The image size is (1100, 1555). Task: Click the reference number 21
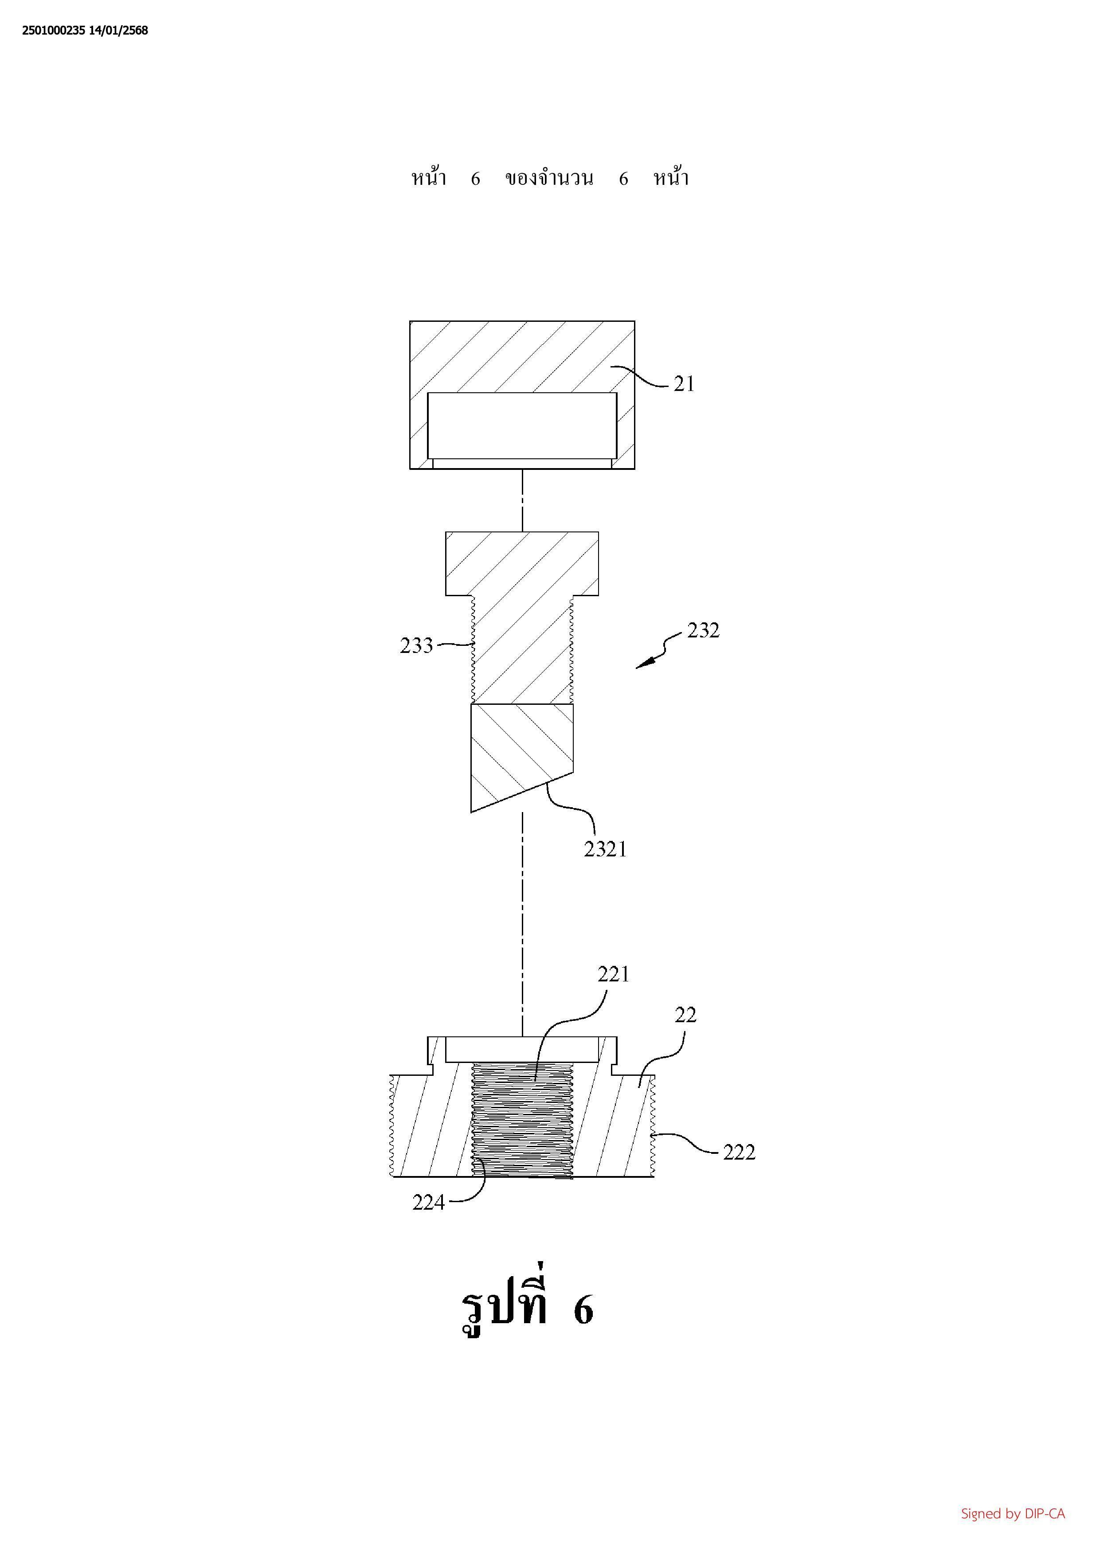[684, 384]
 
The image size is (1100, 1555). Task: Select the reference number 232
[703, 630]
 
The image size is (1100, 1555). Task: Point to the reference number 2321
[606, 849]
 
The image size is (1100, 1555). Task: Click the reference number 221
[613, 975]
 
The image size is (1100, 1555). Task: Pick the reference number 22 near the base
[685, 1015]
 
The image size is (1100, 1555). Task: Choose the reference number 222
[739, 1152]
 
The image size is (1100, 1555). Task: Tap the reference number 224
[429, 1203]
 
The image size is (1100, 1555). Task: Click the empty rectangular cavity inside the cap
[522, 426]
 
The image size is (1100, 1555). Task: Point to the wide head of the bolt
[522, 563]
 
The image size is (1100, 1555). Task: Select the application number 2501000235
[54, 31]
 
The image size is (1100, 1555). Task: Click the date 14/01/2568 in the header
[118, 31]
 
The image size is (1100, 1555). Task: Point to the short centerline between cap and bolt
[522, 500]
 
